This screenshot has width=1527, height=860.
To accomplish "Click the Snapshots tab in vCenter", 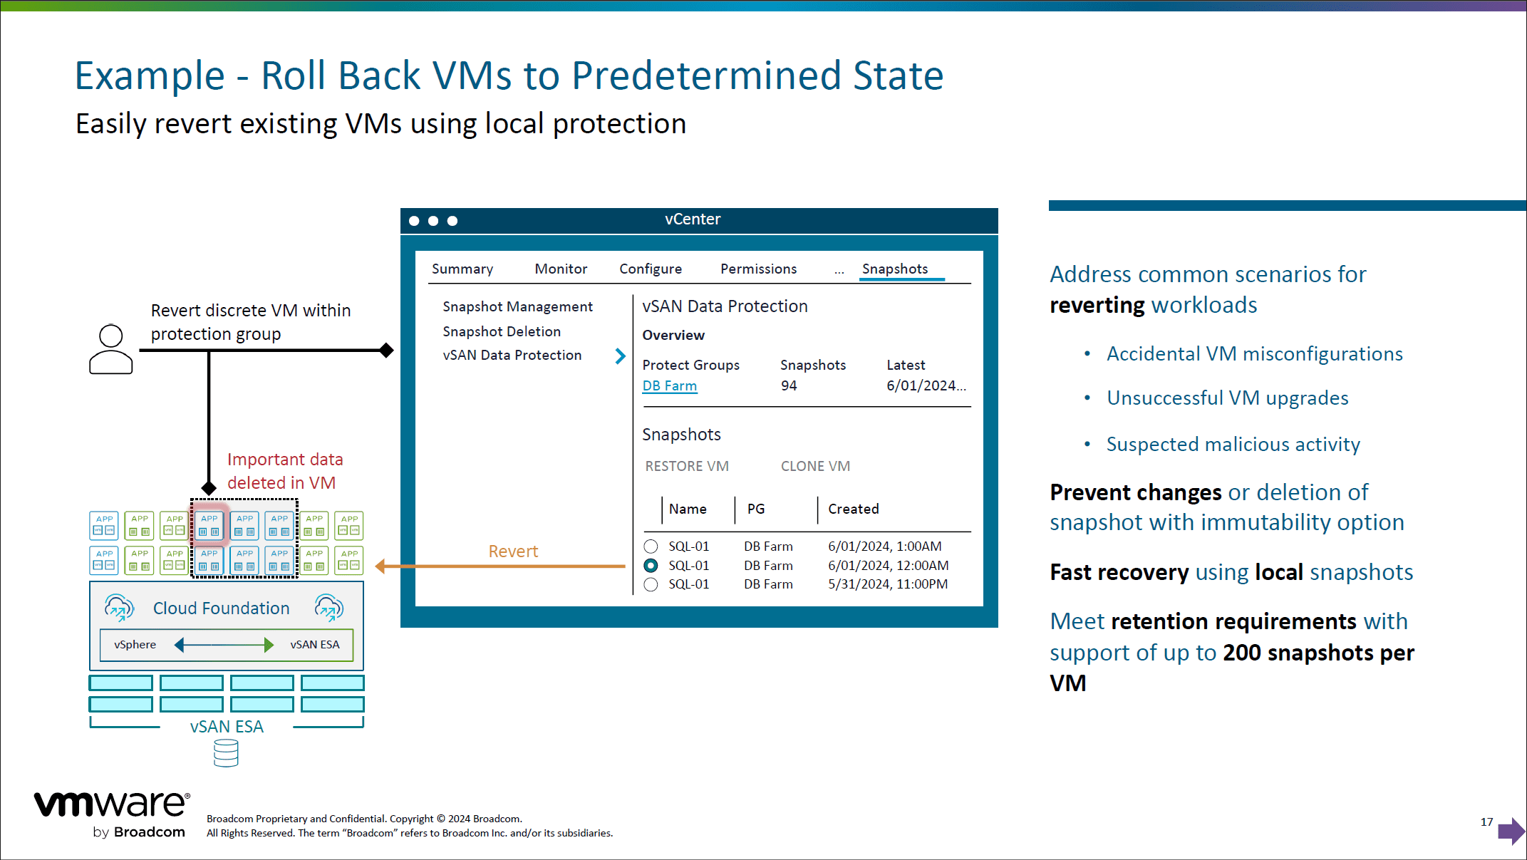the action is click(x=895, y=269).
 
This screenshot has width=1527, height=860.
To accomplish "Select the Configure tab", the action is click(x=651, y=269).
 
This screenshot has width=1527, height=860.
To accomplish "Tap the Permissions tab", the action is click(x=758, y=269).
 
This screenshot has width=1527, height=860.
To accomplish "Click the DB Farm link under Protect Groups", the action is click(x=670, y=385).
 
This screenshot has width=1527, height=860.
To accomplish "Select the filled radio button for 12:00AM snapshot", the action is click(x=651, y=566).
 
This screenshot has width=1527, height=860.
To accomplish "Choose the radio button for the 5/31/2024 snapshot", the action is click(x=651, y=584).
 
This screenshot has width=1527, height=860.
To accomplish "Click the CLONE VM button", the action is click(x=815, y=466).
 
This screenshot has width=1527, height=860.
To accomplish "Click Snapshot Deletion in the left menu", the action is click(x=502, y=331).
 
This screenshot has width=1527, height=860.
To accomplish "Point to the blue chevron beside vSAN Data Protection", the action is click(x=620, y=356).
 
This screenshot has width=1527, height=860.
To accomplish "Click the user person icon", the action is click(x=111, y=349).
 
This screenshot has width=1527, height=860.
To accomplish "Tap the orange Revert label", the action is click(x=513, y=551).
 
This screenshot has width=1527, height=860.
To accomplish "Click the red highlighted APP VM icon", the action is click(x=209, y=524).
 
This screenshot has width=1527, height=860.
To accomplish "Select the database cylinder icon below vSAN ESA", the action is click(x=226, y=752).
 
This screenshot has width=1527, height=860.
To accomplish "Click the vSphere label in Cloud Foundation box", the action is click(x=135, y=644).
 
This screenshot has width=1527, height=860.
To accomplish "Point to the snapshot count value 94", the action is click(x=789, y=385).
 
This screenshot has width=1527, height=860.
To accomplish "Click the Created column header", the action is click(x=854, y=509).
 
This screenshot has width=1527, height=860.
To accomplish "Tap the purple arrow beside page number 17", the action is click(x=1511, y=830).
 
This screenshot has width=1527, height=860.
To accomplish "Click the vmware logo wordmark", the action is click(x=112, y=804).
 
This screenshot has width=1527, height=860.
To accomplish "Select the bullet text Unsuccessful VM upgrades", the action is click(x=1228, y=398).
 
